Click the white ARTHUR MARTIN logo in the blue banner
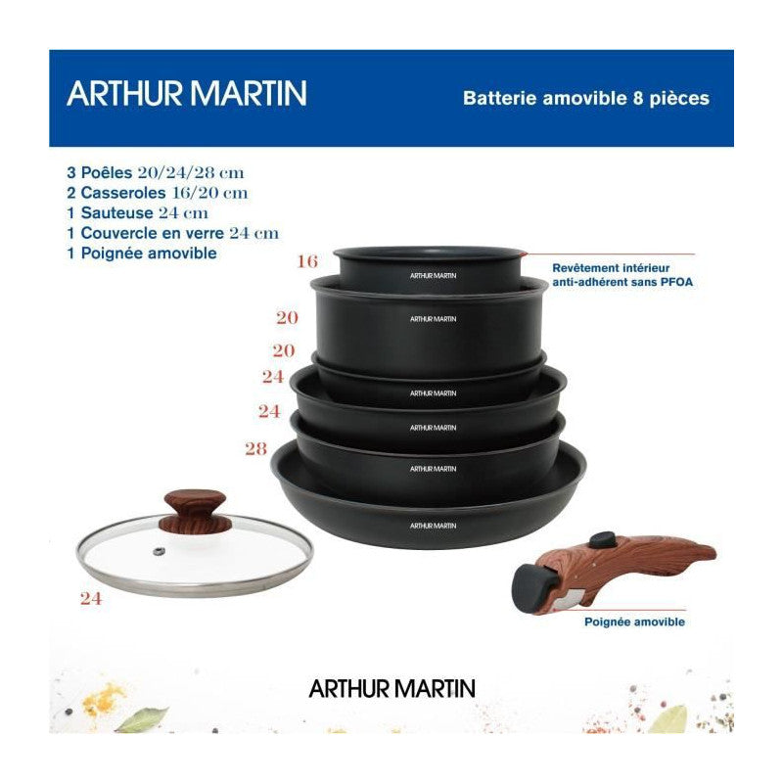(186, 94)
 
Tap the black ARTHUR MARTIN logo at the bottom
(391, 688)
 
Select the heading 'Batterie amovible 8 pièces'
(585, 98)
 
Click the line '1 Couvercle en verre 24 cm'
(173, 233)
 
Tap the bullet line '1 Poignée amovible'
(142, 253)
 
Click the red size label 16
(307, 261)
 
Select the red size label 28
(254, 449)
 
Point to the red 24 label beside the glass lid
(91, 599)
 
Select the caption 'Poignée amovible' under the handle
(634, 622)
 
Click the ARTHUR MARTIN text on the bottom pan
(434, 526)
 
